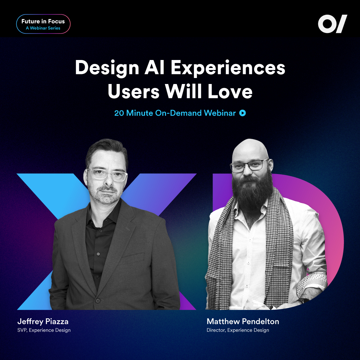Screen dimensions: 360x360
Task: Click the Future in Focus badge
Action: pyautogui.click(x=43, y=24)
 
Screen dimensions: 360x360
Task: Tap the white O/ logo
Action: pyautogui.click(x=332, y=24)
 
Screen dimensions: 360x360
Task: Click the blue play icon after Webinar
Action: pyautogui.click(x=243, y=113)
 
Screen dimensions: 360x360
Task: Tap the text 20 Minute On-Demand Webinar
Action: pyautogui.click(x=175, y=113)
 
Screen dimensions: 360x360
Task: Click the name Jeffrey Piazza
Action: pyautogui.click(x=43, y=322)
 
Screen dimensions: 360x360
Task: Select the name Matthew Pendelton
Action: pyautogui.click(x=243, y=322)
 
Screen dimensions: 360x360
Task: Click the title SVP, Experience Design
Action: pyautogui.click(x=44, y=330)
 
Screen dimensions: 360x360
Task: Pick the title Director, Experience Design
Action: pyautogui.click(x=238, y=330)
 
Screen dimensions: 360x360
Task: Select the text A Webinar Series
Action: pyautogui.click(x=43, y=28)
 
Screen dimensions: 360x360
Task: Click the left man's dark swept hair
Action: pyautogui.click(x=107, y=152)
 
